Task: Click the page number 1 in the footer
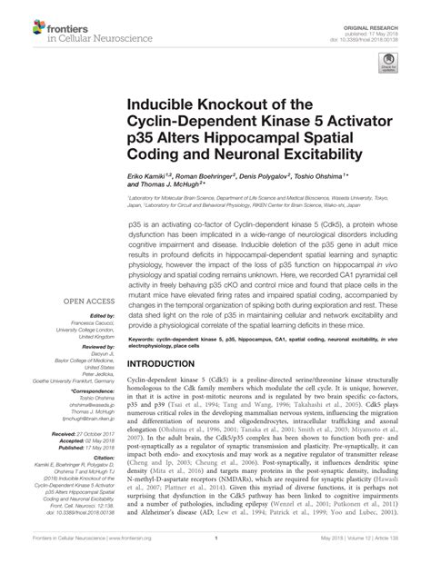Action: [215, 548]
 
